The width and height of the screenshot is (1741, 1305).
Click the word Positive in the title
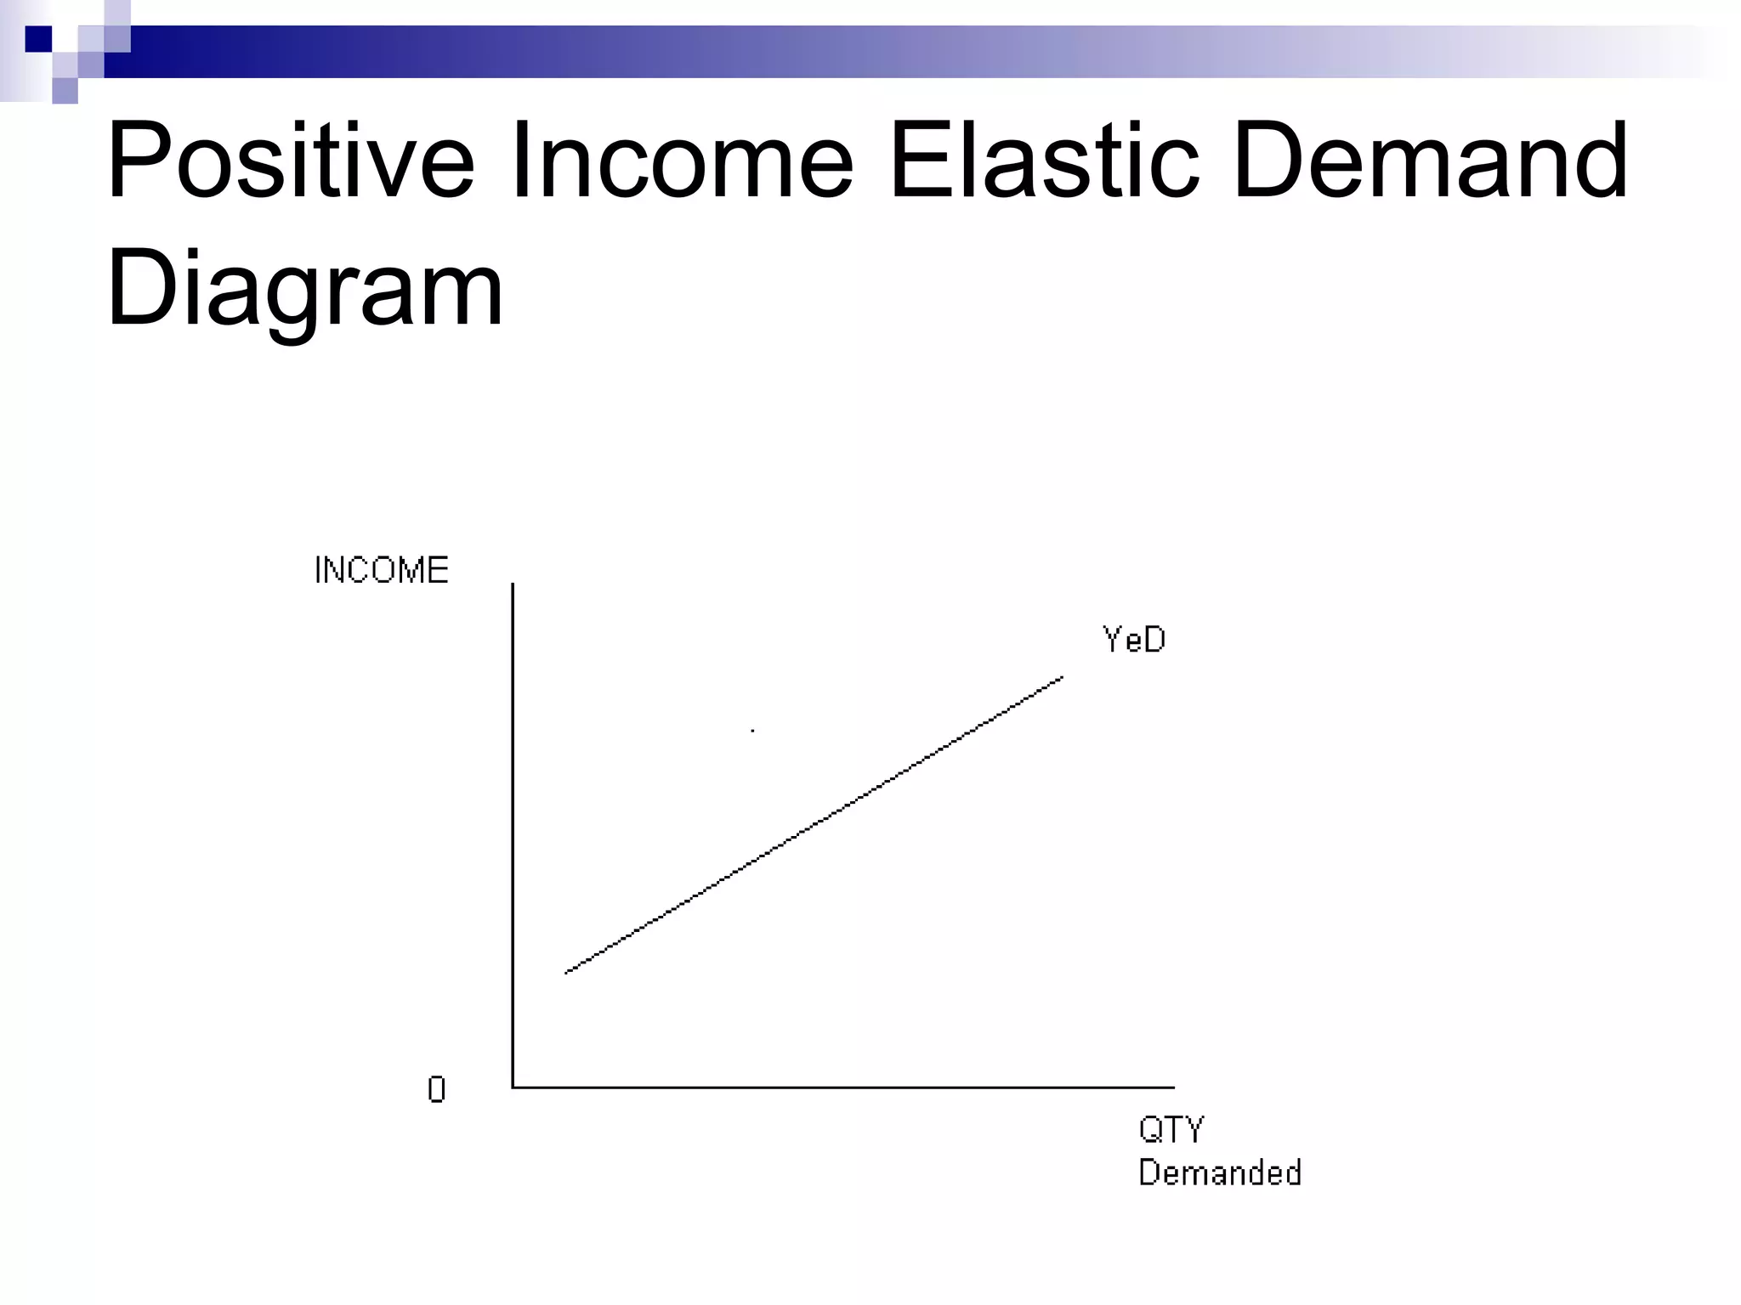(x=290, y=161)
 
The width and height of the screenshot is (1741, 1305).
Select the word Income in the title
(x=681, y=161)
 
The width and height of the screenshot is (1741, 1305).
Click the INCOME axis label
(x=382, y=570)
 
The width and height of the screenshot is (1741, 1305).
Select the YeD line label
(x=1134, y=640)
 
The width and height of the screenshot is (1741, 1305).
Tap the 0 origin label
(x=436, y=1089)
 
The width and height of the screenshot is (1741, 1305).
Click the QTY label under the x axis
(x=1171, y=1130)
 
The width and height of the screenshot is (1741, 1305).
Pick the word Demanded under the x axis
(x=1220, y=1173)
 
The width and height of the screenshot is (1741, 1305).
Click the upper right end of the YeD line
(x=1062, y=678)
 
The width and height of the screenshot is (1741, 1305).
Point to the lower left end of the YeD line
(x=567, y=972)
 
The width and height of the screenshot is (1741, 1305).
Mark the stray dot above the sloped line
(x=752, y=731)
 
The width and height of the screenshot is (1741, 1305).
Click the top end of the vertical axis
(x=513, y=585)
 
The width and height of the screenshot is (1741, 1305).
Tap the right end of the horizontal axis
(x=1173, y=1087)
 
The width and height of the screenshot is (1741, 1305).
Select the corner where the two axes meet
(x=513, y=1087)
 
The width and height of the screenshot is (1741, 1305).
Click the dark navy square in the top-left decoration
(x=38, y=39)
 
